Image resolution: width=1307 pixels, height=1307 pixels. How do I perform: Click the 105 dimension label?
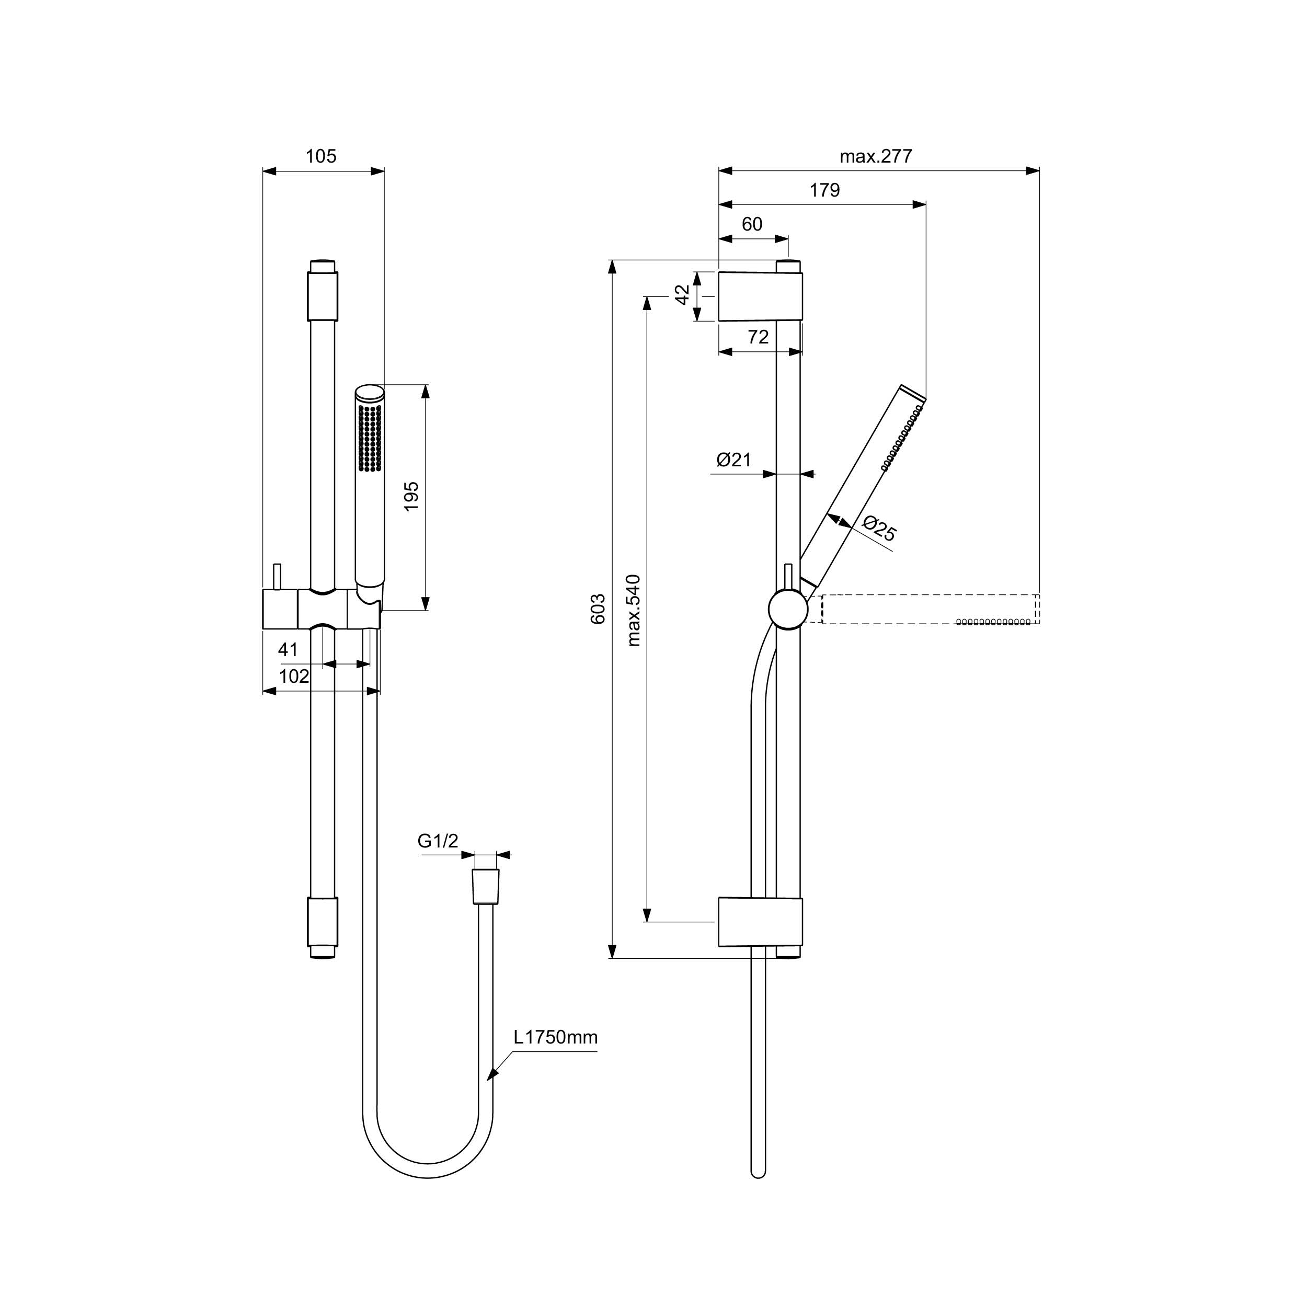pos(320,156)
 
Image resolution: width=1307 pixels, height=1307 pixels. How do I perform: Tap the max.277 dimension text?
pos(876,156)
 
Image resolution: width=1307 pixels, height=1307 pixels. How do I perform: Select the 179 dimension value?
pos(824,190)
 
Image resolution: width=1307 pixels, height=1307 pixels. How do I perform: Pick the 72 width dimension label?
pos(759,337)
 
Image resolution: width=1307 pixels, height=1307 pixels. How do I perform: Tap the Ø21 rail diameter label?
pos(734,460)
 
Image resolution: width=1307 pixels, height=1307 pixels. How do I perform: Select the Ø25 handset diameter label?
pos(879,529)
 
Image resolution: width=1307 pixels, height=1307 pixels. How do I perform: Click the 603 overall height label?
pos(598,609)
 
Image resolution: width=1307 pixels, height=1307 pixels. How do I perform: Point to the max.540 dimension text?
pos(633,610)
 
